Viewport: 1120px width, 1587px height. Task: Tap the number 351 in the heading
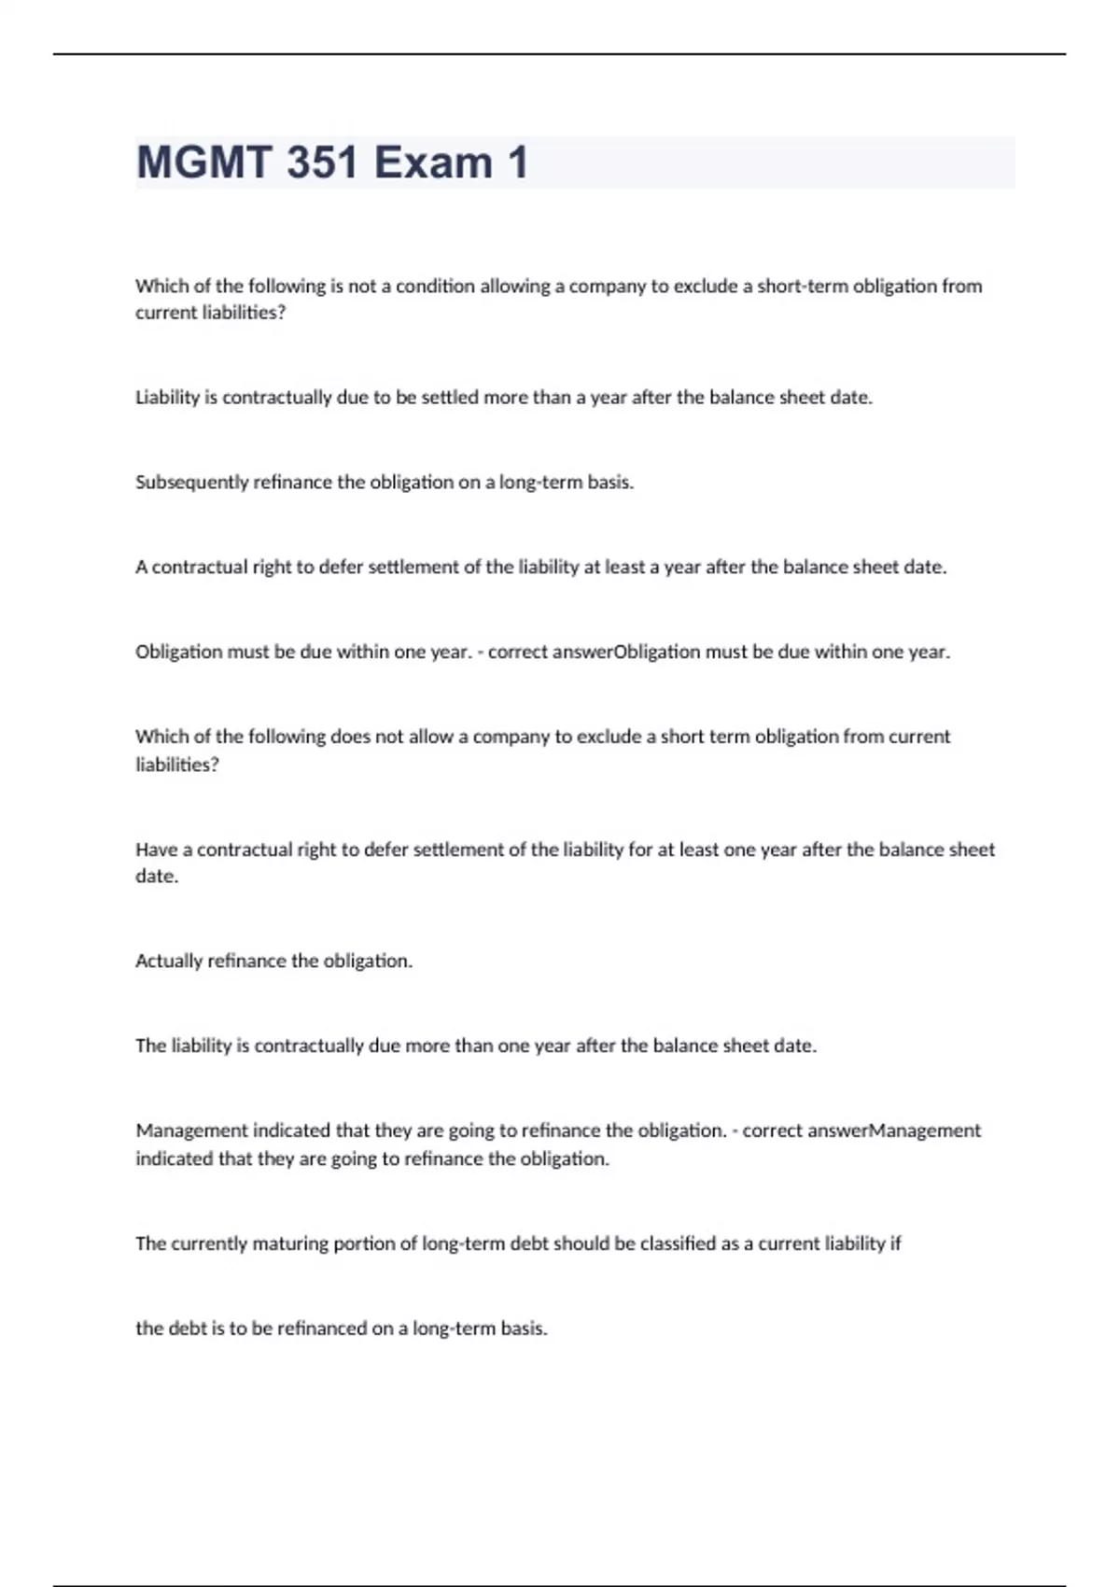[322, 162]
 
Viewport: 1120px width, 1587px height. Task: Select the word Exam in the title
[433, 162]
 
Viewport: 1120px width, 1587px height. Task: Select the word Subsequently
[191, 482]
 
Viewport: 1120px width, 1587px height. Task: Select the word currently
[208, 1243]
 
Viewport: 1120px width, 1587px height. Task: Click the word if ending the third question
[895, 1243]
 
